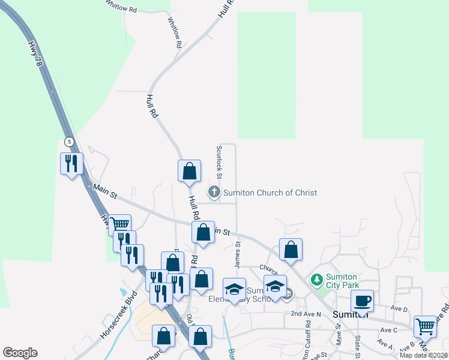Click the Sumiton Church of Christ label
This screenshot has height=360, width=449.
(270, 193)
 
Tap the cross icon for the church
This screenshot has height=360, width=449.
(214, 193)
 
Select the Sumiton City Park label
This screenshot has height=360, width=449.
(342, 281)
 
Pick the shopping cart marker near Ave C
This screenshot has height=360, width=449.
(425, 326)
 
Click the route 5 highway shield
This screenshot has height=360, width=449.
(70, 142)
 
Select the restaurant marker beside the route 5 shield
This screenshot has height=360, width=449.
(71, 163)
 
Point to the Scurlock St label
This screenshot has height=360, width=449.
(220, 162)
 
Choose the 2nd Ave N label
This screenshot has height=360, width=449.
(306, 314)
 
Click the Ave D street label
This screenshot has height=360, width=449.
(399, 309)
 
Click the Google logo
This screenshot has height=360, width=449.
(20, 353)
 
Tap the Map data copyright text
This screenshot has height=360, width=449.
(423, 355)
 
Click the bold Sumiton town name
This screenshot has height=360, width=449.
(351, 314)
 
